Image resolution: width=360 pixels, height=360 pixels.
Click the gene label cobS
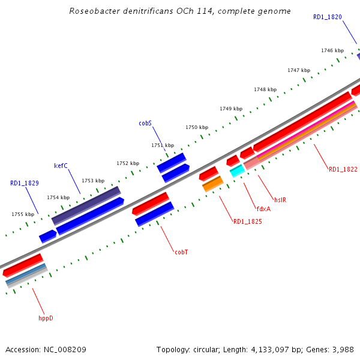[145, 123]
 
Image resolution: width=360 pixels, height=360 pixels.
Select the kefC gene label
[61, 166]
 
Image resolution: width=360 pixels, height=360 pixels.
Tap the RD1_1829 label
[25, 182]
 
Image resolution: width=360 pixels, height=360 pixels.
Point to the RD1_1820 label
[328, 17]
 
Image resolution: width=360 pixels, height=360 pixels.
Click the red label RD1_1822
[343, 170]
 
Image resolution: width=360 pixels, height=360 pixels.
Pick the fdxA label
[263, 209]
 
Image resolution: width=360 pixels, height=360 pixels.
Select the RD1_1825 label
[247, 222]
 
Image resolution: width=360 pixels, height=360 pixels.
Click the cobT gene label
[181, 252]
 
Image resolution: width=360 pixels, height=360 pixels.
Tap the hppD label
[46, 318]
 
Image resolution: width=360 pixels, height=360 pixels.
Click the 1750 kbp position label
[197, 128]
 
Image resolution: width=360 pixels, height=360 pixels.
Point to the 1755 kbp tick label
[23, 214]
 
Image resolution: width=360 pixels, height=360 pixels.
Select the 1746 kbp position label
[332, 51]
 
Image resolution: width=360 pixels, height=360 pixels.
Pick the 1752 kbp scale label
[127, 163]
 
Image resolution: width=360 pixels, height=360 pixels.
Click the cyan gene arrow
[237, 170]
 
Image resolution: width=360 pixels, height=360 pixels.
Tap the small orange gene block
[212, 184]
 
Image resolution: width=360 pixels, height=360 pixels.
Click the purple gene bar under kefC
[86, 205]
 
